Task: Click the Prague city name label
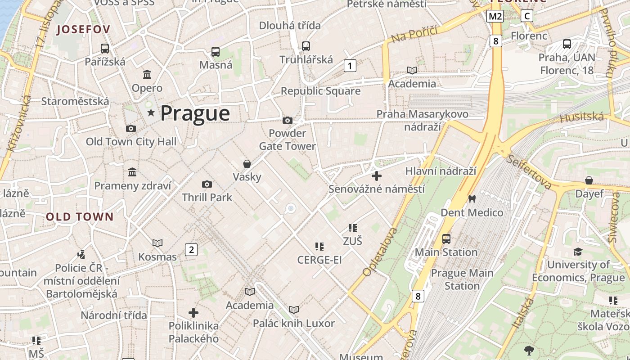point(195,113)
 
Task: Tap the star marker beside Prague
point(151,113)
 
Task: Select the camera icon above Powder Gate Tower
point(287,120)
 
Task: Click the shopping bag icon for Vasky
point(247,163)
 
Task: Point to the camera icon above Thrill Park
point(207,184)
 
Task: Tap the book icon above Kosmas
point(157,243)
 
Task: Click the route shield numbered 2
point(191,250)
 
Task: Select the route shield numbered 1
point(350,66)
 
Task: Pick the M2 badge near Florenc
point(495,17)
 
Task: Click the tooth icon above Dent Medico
point(472,198)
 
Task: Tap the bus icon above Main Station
point(446,238)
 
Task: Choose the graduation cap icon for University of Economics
point(578,252)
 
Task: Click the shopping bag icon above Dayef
point(589,180)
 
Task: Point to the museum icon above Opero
point(147,74)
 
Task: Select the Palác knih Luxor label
point(293,323)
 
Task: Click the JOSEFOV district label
point(83,30)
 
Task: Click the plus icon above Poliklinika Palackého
point(193,312)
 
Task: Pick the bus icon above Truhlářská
point(306,46)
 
